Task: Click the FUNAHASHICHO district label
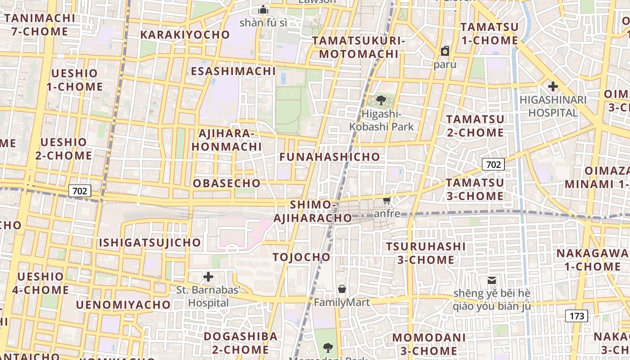click(330, 157)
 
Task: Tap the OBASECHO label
click(227, 184)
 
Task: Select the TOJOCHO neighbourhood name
click(301, 257)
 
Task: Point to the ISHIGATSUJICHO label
click(150, 243)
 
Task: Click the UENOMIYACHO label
click(123, 305)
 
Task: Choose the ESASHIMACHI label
click(233, 72)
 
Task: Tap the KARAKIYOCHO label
click(185, 35)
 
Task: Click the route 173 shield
click(576, 316)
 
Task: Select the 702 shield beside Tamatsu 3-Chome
click(493, 165)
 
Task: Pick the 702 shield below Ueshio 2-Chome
click(80, 191)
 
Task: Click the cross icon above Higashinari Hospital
click(553, 86)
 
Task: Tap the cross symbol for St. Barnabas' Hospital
click(208, 276)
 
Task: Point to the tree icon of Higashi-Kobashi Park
click(381, 100)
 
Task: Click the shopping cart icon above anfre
click(387, 200)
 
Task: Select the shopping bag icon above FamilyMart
click(342, 288)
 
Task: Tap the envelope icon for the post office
click(492, 280)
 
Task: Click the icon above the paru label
click(445, 51)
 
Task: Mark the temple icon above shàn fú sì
click(263, 9)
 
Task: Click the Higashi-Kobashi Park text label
click(382, 120)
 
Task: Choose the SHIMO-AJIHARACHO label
click(313, 211)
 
